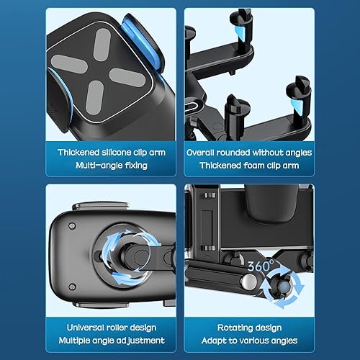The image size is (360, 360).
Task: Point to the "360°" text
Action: [x=261, y=266]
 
